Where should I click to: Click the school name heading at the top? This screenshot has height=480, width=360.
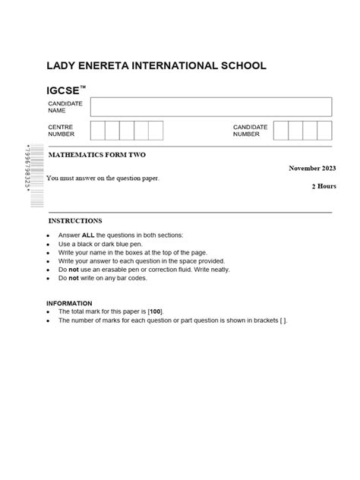point(156,66)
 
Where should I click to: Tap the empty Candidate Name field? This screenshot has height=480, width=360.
point(211,107)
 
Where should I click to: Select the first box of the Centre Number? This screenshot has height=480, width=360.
point(98,131)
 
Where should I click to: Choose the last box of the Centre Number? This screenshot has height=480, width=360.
point(156,131)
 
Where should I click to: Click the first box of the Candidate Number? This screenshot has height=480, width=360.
point(281,131)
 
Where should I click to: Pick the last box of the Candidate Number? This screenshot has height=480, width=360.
point(324,131)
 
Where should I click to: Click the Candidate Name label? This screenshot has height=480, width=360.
point(62,107)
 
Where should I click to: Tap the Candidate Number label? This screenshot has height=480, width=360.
point(250,131)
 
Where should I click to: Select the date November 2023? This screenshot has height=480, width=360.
point(311,168)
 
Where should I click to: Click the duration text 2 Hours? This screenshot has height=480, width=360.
point(323,186)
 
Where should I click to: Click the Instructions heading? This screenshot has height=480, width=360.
point(75,221)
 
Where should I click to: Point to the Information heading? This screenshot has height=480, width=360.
point(69,303)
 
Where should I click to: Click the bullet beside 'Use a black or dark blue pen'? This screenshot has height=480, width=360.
point(49,245)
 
